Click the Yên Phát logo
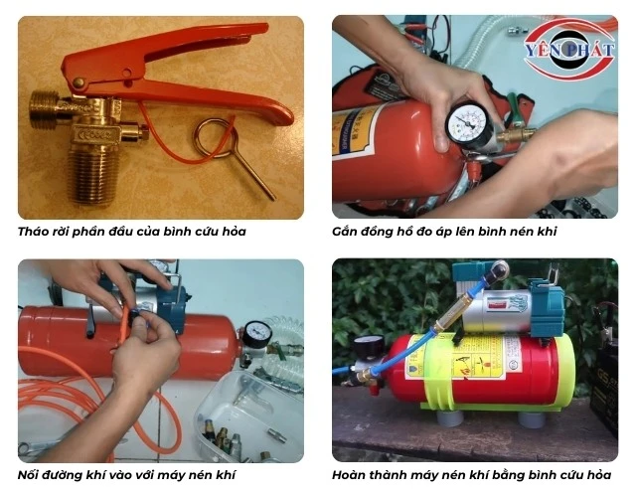tap(569, 50)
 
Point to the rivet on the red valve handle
tap(79, 83)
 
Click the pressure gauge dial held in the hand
tap(469, 123)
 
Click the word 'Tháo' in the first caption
tap(33, 232)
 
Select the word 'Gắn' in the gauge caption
tap(345, 232)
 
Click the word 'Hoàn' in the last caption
tap(349, 475)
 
